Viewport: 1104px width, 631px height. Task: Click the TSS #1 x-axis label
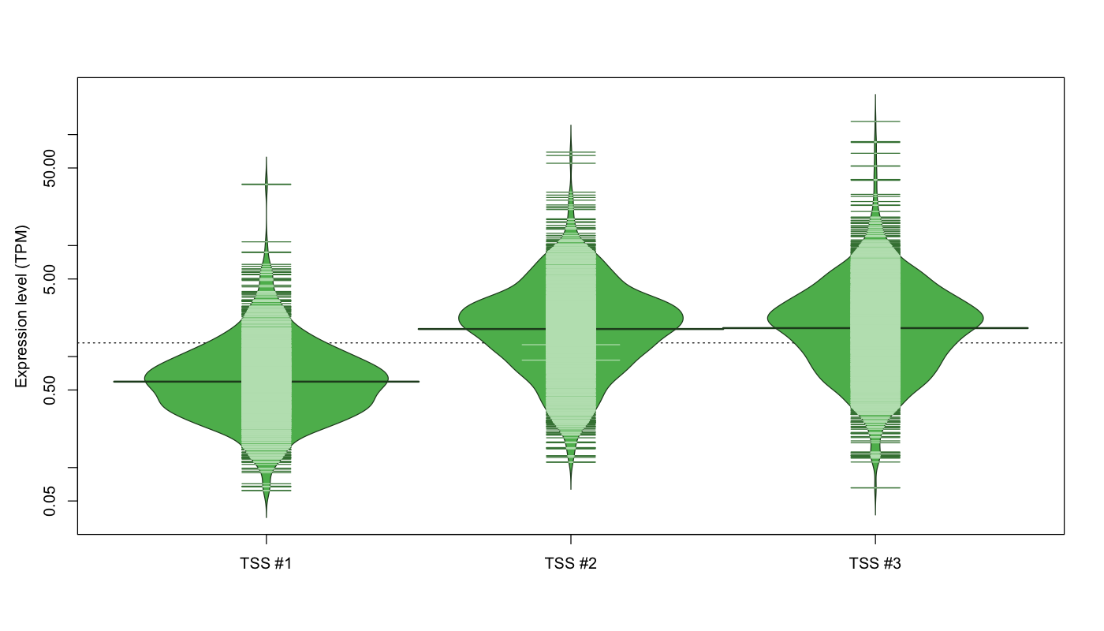[267, 563]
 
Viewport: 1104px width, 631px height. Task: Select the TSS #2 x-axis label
[571, 563]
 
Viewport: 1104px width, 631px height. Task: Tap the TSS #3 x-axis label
[875, 563]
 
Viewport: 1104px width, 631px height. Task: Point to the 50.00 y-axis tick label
[50, 168]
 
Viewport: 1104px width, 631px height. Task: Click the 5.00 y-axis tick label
[50, 279]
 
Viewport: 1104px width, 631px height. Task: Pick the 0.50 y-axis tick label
[50, 390]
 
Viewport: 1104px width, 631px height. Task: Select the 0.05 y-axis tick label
[50, 501]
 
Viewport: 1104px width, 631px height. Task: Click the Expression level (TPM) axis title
[21, 306]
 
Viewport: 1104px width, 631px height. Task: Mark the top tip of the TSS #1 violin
[267, 157]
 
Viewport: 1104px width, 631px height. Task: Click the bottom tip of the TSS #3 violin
[875, 515]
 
